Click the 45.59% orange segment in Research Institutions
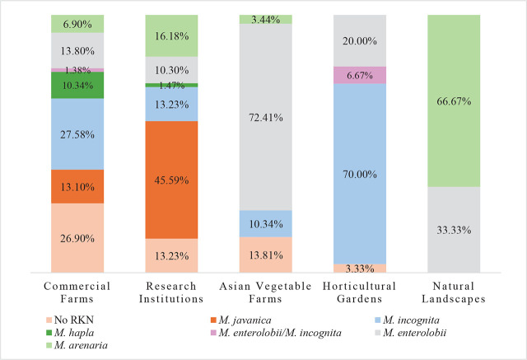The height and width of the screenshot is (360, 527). pos(172,180)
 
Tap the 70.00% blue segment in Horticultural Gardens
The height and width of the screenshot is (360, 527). pos(359,174)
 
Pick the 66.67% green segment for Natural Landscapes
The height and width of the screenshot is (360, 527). pos(453,101)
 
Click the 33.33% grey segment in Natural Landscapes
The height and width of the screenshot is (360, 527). pos(453,229)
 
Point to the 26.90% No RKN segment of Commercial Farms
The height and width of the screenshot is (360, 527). pos(78,237)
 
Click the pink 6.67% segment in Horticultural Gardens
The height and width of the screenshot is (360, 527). pos(359,74)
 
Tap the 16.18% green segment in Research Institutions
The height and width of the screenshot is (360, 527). pos(172,35)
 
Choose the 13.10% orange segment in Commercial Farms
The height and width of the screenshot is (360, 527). pos(78,186)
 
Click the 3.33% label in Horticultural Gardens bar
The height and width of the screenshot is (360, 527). pos(359,268)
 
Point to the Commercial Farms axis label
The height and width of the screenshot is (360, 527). pos(78,292)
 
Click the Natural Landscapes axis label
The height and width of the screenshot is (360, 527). pos(453,292)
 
